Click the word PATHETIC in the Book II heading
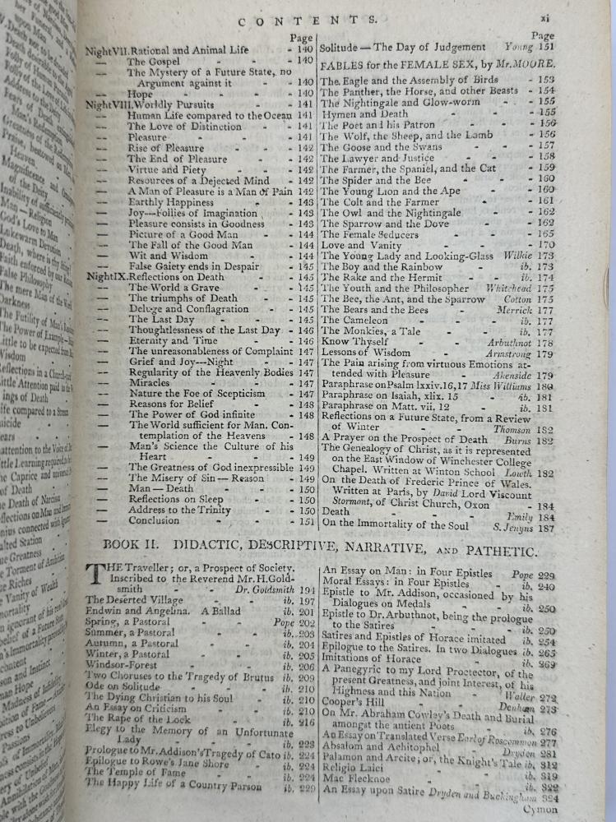click(x=498, y=550)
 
